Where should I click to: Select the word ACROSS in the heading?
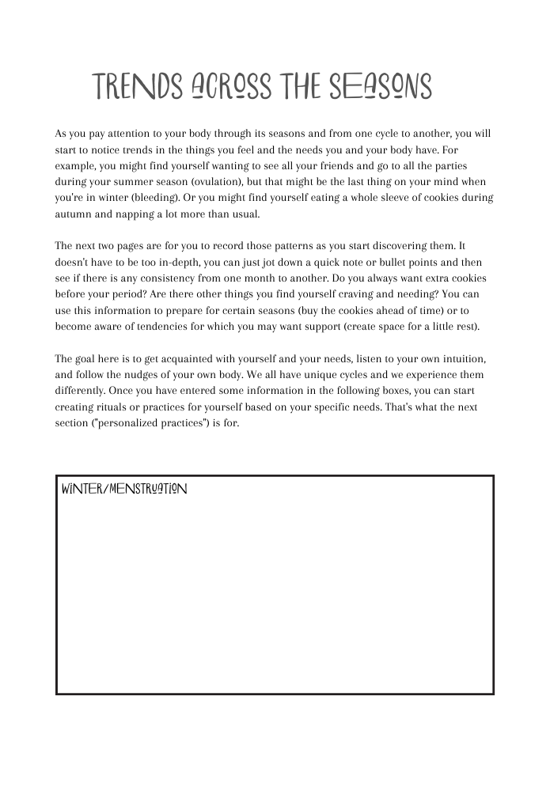(x=231, y=87)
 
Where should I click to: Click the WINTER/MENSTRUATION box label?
(x=124, y=489)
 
